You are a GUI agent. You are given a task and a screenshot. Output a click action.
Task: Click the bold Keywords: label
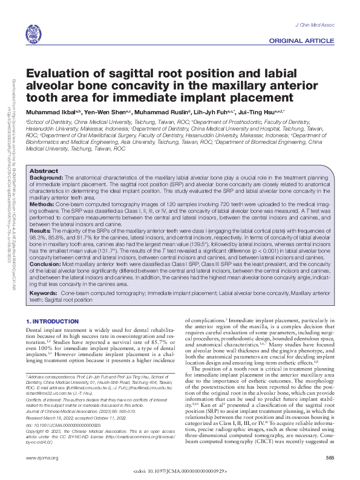click(x=44, y=292)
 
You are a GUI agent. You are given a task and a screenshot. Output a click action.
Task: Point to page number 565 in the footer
click(x=330, y=458)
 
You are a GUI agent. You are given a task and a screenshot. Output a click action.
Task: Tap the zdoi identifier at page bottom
click(x=180, y=470)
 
